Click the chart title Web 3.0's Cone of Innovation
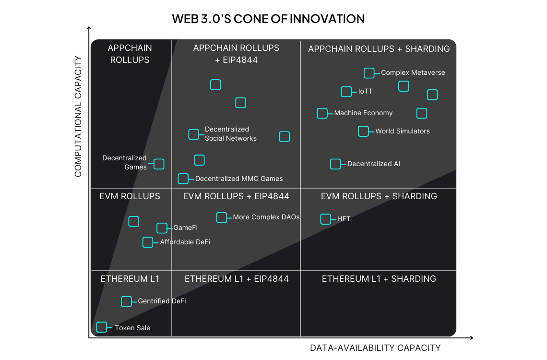pos(268,19)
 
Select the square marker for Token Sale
pos(102,327)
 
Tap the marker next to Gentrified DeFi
pos(126,301)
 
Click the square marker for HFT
pos(326,219)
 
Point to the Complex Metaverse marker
pos(369,73)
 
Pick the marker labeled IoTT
pos(346,92)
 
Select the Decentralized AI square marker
pos(335,164)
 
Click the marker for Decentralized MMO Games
pos(183,179)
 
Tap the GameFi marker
pos(162,228)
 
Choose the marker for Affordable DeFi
pos(148,242)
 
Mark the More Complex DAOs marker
pos(222,217)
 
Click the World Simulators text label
pos(403,131)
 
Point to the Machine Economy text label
pos(363,113)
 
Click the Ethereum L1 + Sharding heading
pos(379,279)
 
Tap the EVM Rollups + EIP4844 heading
pos(236,196)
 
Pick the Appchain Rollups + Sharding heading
pos(379,49)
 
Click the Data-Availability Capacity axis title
pos(375,348)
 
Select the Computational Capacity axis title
pos(79,116)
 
